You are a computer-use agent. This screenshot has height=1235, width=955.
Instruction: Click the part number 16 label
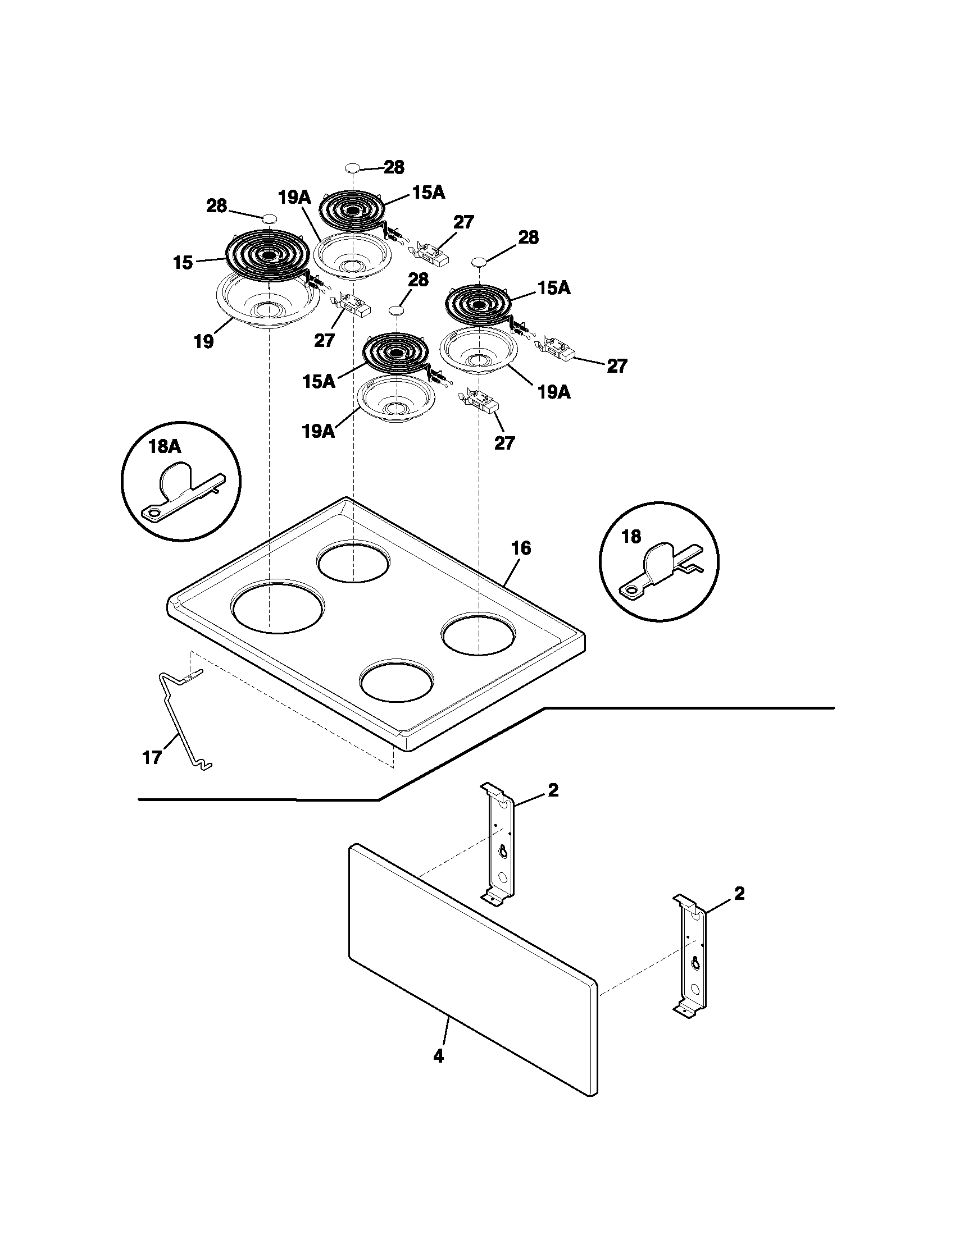coord(521,548)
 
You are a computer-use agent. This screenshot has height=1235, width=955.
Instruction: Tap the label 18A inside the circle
coord(164,447)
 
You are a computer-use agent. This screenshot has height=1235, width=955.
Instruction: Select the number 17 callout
coord(152,758)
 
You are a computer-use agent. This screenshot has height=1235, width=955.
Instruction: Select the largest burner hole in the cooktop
coord(278,609)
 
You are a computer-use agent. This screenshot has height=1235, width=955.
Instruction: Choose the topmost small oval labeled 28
coord(352,167)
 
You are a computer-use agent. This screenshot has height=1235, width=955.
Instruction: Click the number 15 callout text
coord(183,263)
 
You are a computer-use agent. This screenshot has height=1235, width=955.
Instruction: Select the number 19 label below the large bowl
coord(204,341)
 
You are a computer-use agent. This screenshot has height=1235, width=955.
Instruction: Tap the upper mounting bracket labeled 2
coord(499,843)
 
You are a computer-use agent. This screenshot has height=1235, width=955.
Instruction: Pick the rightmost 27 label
coord(617,367)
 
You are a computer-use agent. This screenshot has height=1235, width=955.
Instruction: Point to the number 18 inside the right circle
coord(631,536)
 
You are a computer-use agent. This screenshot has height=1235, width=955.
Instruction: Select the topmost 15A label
coord(428,193)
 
